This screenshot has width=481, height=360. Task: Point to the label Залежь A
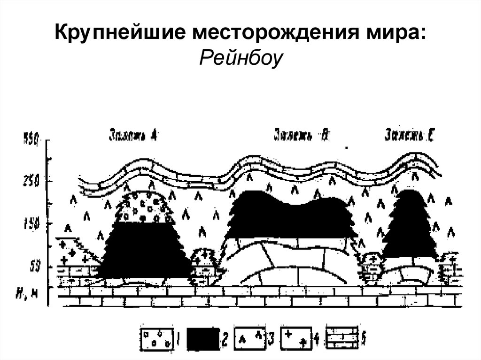pos(133,135)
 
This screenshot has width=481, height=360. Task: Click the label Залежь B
pos(302,135)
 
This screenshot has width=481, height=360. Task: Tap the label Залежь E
pos(409,135)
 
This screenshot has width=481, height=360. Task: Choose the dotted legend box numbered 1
pos(157,338)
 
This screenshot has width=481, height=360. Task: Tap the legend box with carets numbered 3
pos(251,338)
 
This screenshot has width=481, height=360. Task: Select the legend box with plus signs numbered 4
pos(297,338)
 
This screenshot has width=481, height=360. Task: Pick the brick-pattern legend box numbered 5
pos(342,338)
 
